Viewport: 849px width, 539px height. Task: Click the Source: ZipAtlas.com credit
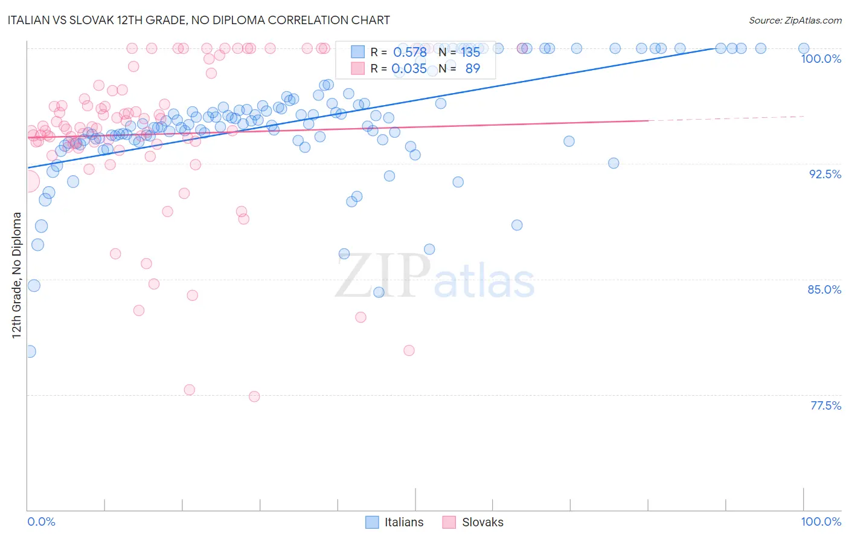pos(795,20)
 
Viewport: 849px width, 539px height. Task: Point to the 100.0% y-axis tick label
pos(821,59)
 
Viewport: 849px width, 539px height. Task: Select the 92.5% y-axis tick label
pos(825,174)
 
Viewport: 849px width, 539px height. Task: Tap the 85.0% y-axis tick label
pos(824,289)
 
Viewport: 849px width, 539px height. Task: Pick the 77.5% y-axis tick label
pos(825,405)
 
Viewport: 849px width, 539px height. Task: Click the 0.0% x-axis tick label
pos(41,521)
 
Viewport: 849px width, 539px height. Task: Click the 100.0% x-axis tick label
pos(821,521)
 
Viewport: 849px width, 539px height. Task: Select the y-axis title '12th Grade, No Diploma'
pos(17,275)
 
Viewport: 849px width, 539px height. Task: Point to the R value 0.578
pos(410,52)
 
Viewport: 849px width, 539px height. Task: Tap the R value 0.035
pos(409,69)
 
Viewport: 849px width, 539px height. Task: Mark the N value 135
pos(470,52)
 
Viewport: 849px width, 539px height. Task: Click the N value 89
pos(472,69)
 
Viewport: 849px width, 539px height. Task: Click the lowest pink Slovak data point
pos(254,396)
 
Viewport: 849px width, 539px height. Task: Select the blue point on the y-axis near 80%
pos(30,351)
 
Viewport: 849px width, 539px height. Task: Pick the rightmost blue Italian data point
pos(804,48)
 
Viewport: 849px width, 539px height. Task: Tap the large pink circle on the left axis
pos(28,181)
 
